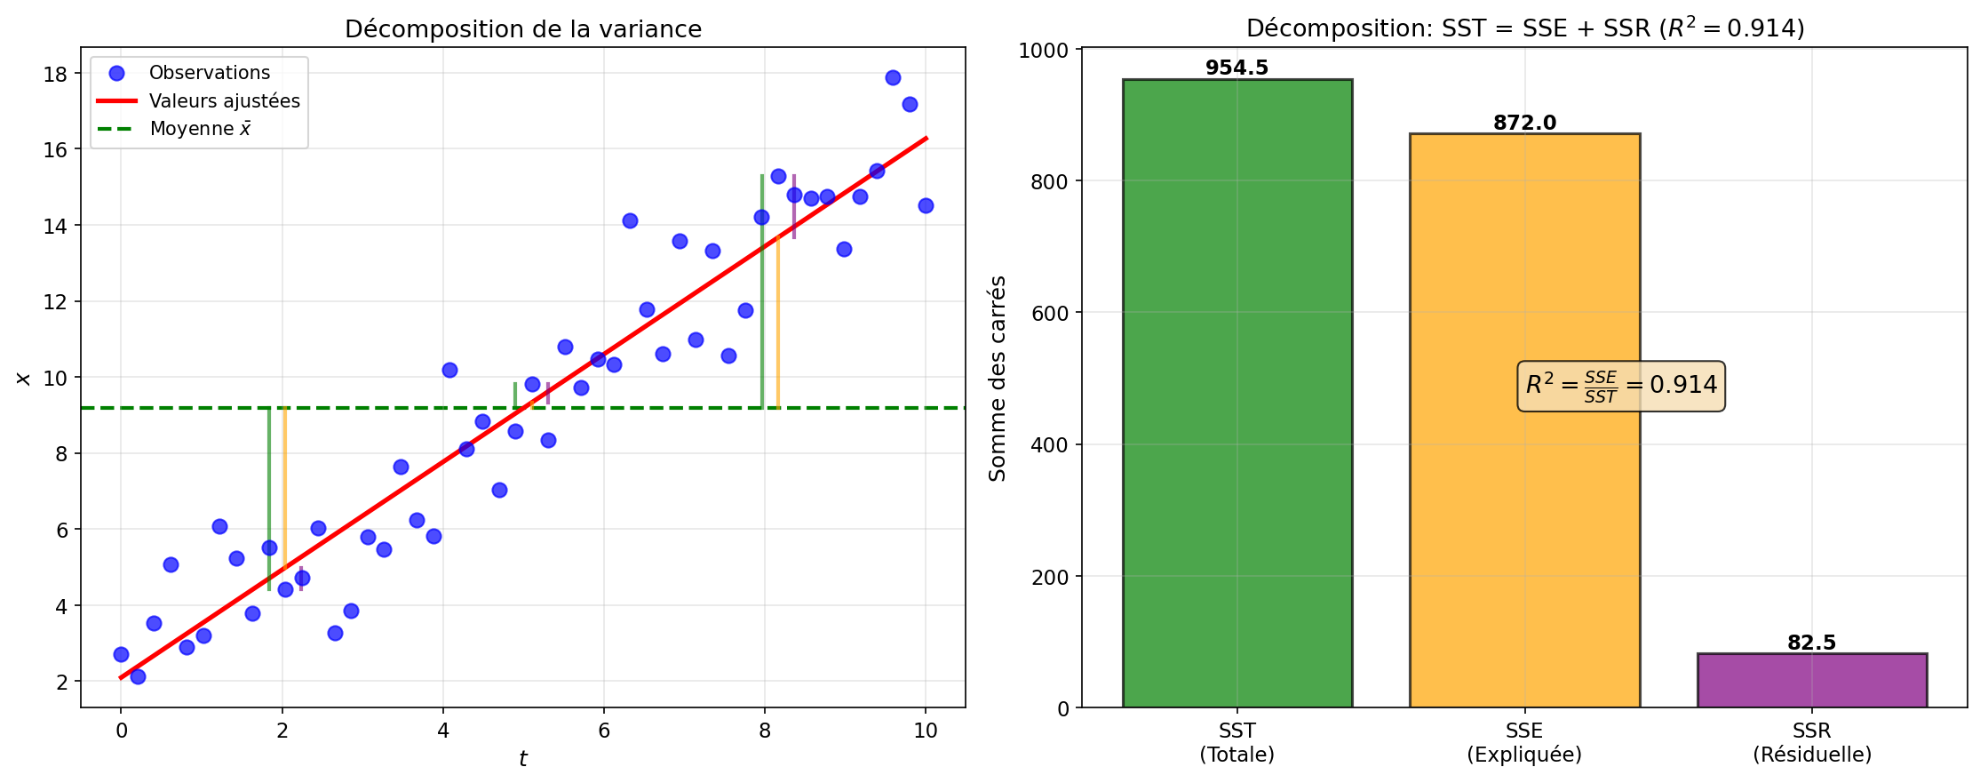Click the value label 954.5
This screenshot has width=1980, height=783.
tap(1237, 68)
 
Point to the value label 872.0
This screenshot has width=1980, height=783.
tap(1524, 123)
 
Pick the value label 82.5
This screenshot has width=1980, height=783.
tap(1811, 643)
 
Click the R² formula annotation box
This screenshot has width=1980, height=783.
tap(1621, 386)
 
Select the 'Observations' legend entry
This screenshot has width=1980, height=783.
tap(209, 73)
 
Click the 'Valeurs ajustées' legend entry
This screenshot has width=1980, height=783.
tap(224, 101)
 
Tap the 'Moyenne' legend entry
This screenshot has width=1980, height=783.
tap(200, 129)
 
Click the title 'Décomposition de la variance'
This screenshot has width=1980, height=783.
tap(523, 29)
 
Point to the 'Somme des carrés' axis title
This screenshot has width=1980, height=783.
tap(998, 379)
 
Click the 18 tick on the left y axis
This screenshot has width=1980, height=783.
tap(56, 74)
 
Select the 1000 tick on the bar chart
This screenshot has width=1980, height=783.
tap(1044, 50)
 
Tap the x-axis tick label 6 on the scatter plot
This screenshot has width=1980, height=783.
tap(604, 731)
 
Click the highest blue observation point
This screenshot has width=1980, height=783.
tap(893, 77)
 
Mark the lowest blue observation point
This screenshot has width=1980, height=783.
tap(138, 676)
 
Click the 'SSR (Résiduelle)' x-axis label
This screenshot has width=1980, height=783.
tap(1811, 742)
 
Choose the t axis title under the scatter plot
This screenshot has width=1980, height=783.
tap(523, 759)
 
